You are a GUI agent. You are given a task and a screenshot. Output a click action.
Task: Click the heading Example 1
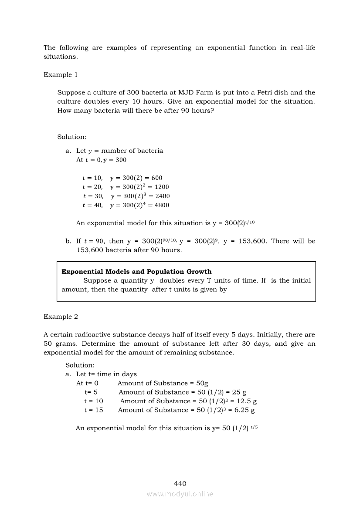click(x=61, y=74)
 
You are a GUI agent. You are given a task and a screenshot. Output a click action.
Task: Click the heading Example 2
click(x=61, y=317)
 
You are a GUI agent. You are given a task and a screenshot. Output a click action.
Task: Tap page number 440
click(x=180, y=483)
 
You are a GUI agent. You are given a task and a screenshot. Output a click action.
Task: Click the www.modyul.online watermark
click(x=180, y=494)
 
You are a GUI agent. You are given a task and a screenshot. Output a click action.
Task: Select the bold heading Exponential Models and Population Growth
click(x=136, y=271)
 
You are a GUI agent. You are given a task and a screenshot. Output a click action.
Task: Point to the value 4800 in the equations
click(x=162, y=205)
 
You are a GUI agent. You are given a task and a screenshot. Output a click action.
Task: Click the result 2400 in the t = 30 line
click(x=162, y=196)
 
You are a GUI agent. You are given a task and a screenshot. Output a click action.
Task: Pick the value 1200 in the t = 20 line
click(x=161, y=187)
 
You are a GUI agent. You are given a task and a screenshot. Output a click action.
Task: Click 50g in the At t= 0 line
click(x=202, y=383)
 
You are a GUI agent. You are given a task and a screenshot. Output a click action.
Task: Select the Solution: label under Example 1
click(x=72, y=137)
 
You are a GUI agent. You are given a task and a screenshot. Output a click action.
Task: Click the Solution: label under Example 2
click(x=80, y=365)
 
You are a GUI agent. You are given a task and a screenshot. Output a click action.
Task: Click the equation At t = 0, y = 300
click(x=101, y=160)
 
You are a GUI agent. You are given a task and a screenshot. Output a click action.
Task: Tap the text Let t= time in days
click(x=106, y=374)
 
